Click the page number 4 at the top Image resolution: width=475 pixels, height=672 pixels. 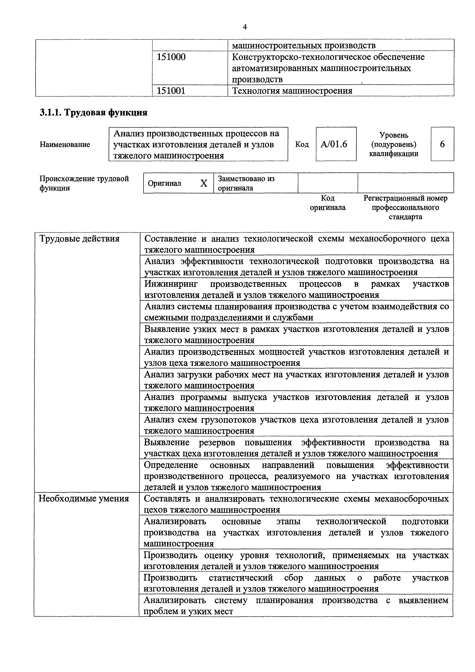245,27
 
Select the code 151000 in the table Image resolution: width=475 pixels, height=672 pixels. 171,57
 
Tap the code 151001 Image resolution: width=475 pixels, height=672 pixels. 171,91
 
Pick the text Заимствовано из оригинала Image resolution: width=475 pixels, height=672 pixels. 246,183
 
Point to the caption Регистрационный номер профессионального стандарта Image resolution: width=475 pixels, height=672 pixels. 405,207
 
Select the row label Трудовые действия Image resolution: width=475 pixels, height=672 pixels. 79,239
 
